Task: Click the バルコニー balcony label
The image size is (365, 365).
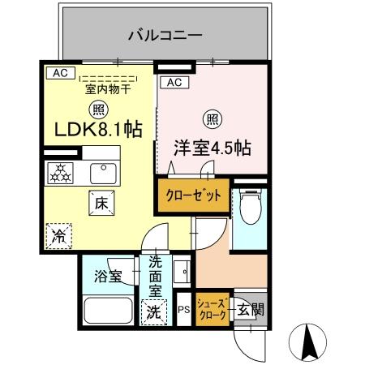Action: coord(165,36)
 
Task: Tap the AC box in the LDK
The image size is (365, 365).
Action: coord(58,73)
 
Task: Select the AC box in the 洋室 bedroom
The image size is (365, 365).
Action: coord(174,82)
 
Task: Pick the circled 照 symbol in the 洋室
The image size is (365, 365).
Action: coord(211,119)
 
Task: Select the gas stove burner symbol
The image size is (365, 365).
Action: coord(58,171)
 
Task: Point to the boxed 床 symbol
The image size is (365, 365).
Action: coord(101,204)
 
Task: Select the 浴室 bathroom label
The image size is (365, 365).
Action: coord(107,276)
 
